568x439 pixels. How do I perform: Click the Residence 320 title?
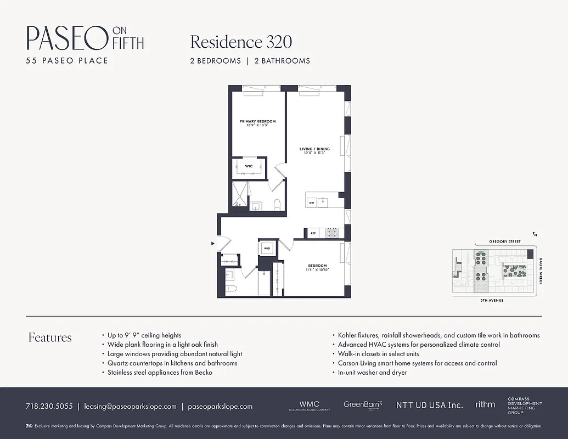click(x=241, y=42)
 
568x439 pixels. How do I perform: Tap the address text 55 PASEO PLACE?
click(x=67, y=60)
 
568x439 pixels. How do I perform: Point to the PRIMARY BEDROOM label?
click(x=257, y=121)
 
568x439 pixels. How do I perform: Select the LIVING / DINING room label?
click(x=314, y=149)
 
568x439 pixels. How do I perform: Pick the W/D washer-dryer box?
click(x=267, y=248)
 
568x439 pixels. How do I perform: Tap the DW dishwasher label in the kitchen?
click(x=311, y=203)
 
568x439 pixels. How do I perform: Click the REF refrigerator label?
click(x=313, y=233)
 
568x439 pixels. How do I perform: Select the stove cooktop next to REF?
click(x=332, y=233)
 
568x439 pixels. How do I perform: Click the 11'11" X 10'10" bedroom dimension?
click(x=317, y=270)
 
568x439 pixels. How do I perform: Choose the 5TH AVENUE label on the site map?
click(x=492, y=301)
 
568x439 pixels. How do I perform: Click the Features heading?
click(x=50, y=337)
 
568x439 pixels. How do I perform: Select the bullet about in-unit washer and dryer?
click(x=371, y=373)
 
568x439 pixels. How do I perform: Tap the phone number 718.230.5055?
click(x=49, y=407)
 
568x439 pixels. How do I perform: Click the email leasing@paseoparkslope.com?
click(x=130, y=407)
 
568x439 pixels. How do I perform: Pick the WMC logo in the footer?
click(x=309, y=406)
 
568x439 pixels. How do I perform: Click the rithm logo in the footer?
click(x=485, y=404)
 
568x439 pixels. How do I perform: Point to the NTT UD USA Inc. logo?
click(x=429, y=406)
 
